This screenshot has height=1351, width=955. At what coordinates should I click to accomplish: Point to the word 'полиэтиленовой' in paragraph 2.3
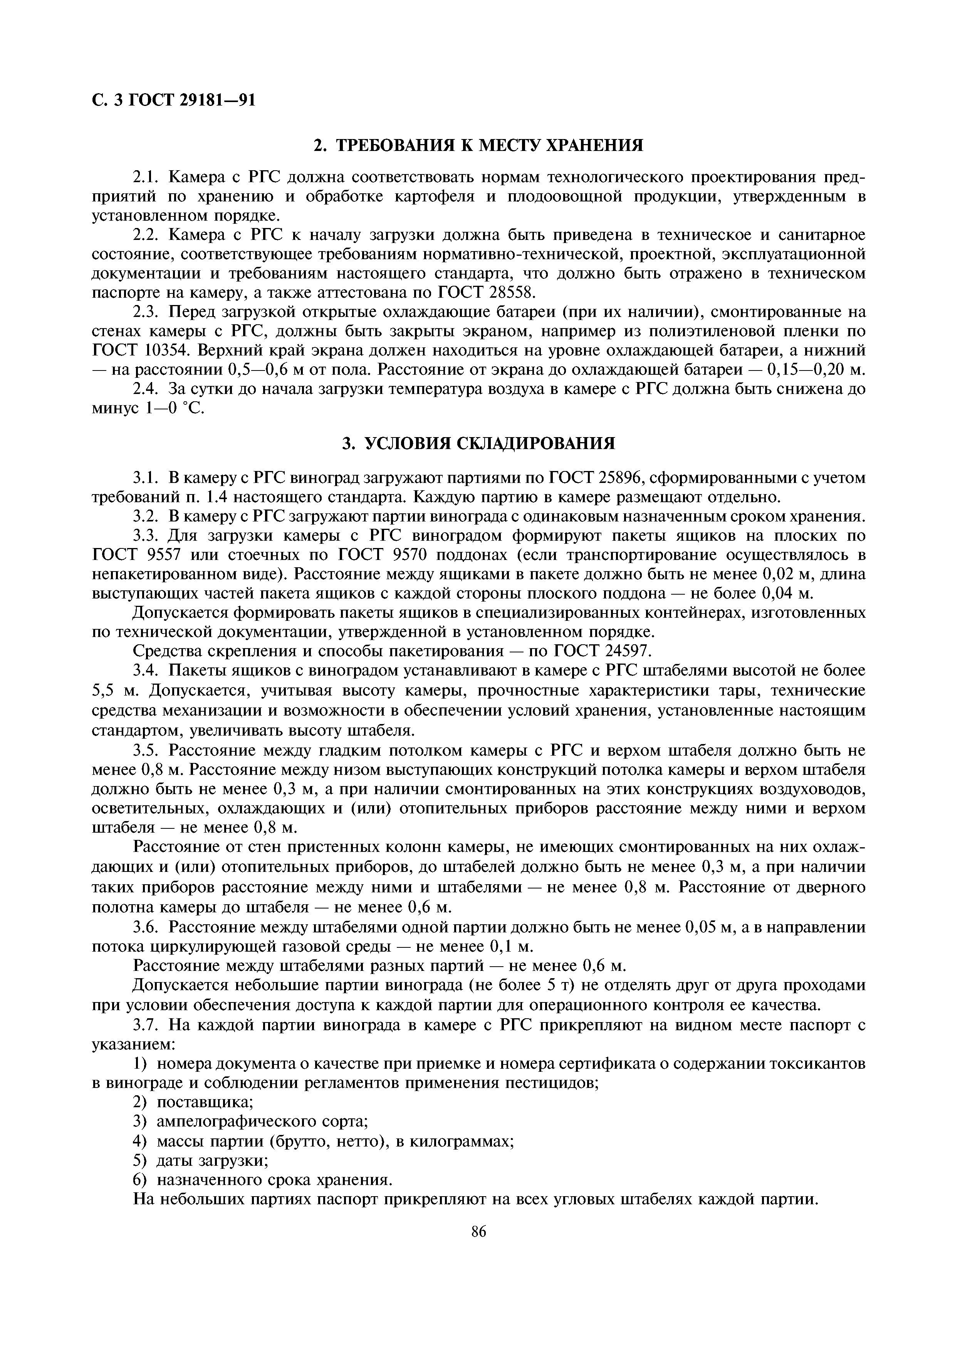(x=670, y=331)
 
